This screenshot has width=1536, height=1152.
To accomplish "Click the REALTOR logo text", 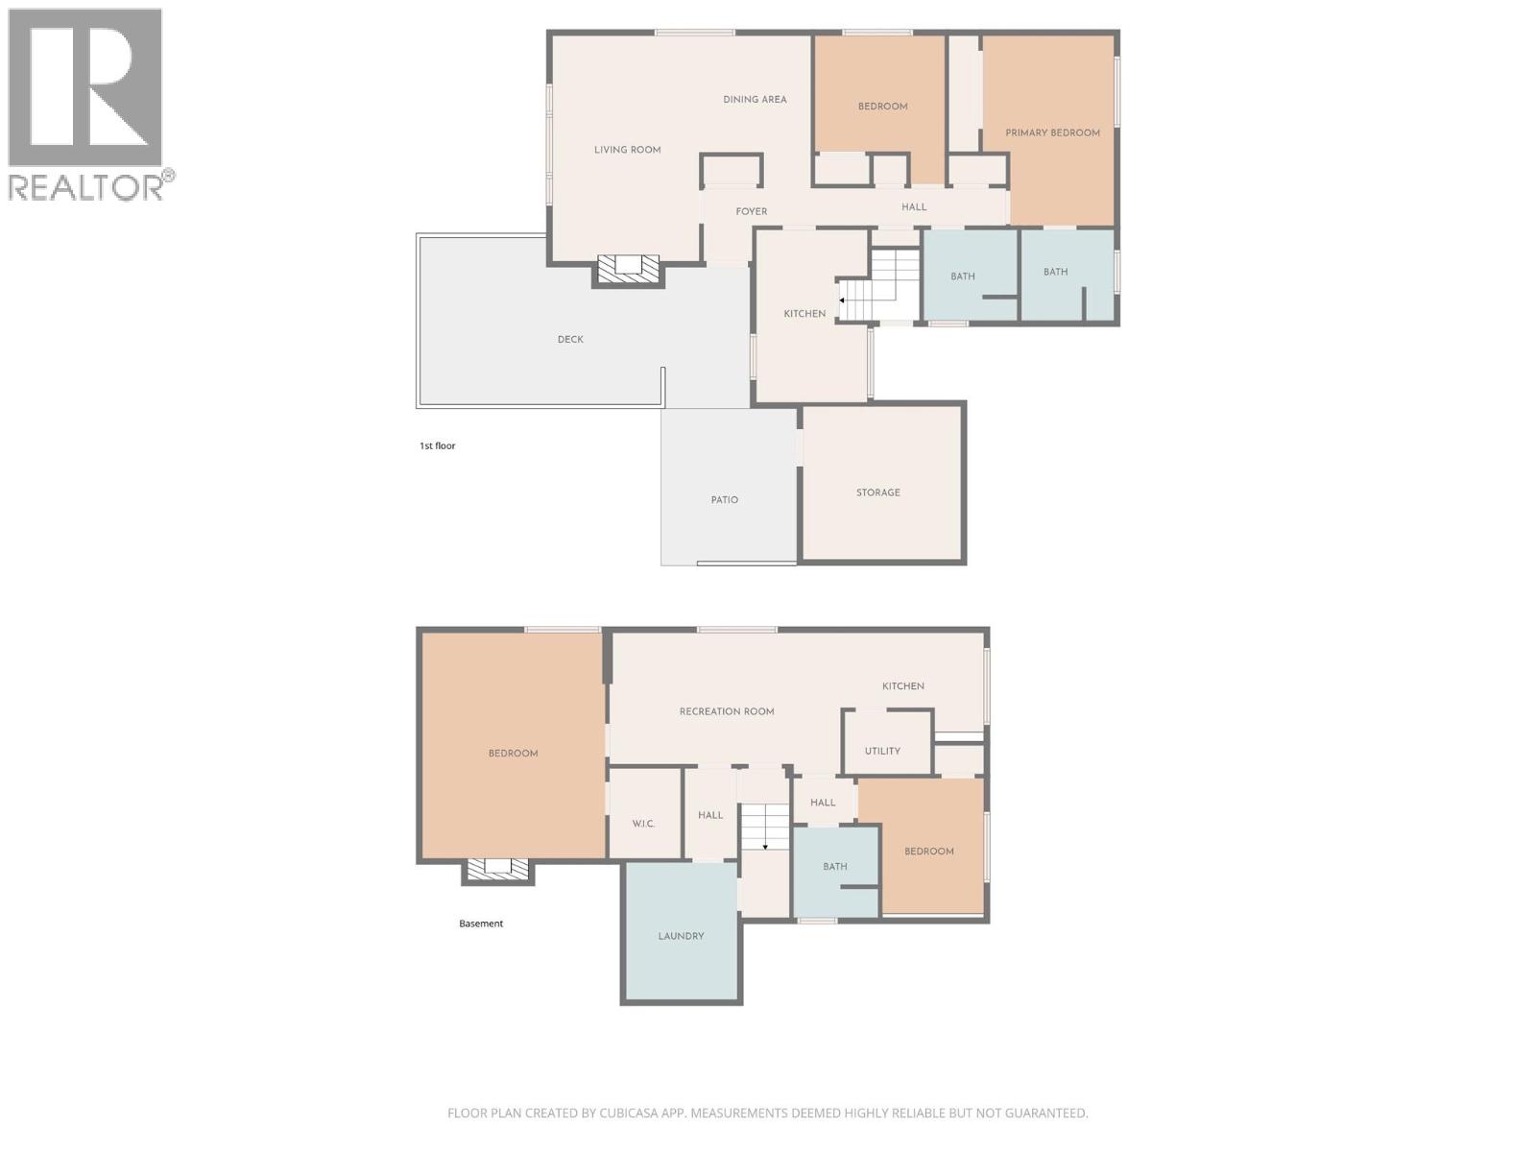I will click(x=86, y=186).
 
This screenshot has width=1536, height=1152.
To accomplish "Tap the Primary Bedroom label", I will click(x=1052, y=132).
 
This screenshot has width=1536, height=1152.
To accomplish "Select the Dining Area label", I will click(x=755, y=99).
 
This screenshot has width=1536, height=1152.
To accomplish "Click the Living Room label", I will click(x=627, y=150).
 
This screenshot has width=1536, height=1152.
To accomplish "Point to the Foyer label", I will click(x=752, y=211).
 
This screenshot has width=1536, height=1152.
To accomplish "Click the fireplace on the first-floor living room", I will click(x=629, y=269).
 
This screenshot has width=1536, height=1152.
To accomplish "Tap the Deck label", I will click(x=570, y=339).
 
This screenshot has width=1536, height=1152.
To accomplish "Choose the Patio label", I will click(x=725, y=499).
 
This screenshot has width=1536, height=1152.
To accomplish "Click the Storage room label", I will click(x=878, y=492).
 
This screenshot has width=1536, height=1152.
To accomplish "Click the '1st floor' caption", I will click(x=438, y=445).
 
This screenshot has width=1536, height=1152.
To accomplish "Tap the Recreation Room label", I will click(x=727, y=711).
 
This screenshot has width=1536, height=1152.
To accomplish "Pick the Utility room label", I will click(x=882, y=751).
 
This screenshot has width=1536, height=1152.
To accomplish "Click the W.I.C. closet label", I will click(x=643, y=824).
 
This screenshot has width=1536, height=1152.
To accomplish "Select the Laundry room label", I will click(x=681, y=936).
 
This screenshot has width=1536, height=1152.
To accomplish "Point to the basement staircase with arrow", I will click(x=764, y=828).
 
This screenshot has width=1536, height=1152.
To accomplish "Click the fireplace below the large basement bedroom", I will click(x=497, y=869).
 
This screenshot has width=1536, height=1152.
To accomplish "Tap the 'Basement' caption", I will click(x=481, y=924).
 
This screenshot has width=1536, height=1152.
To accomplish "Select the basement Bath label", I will click(x=834, y=866).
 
